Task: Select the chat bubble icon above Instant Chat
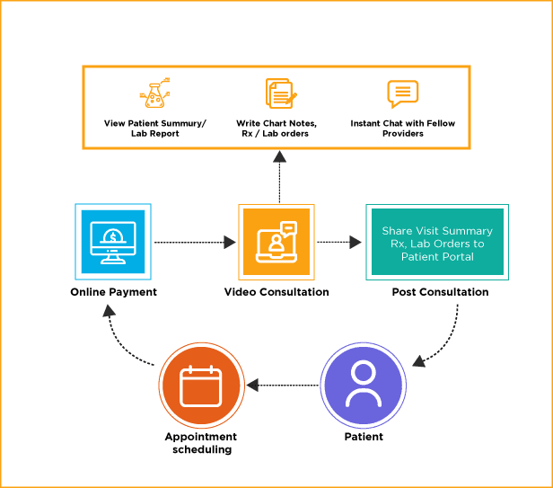(x=402, y=93)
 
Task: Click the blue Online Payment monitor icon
(x=113, y=242)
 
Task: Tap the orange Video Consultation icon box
(x=276, y=242)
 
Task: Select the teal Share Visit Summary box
(x=437, y=242)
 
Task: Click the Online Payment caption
(x=113, y=292)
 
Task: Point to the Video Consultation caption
(x=276, y=292)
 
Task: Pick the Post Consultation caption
(x=440, y=292)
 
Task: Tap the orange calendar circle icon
(x=201, y=386)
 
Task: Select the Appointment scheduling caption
(x=201, y=442)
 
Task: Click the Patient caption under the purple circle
(x=364, y=437)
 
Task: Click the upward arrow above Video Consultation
(x=279, y=175)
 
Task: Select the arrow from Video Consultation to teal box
(x=338, y=242)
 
